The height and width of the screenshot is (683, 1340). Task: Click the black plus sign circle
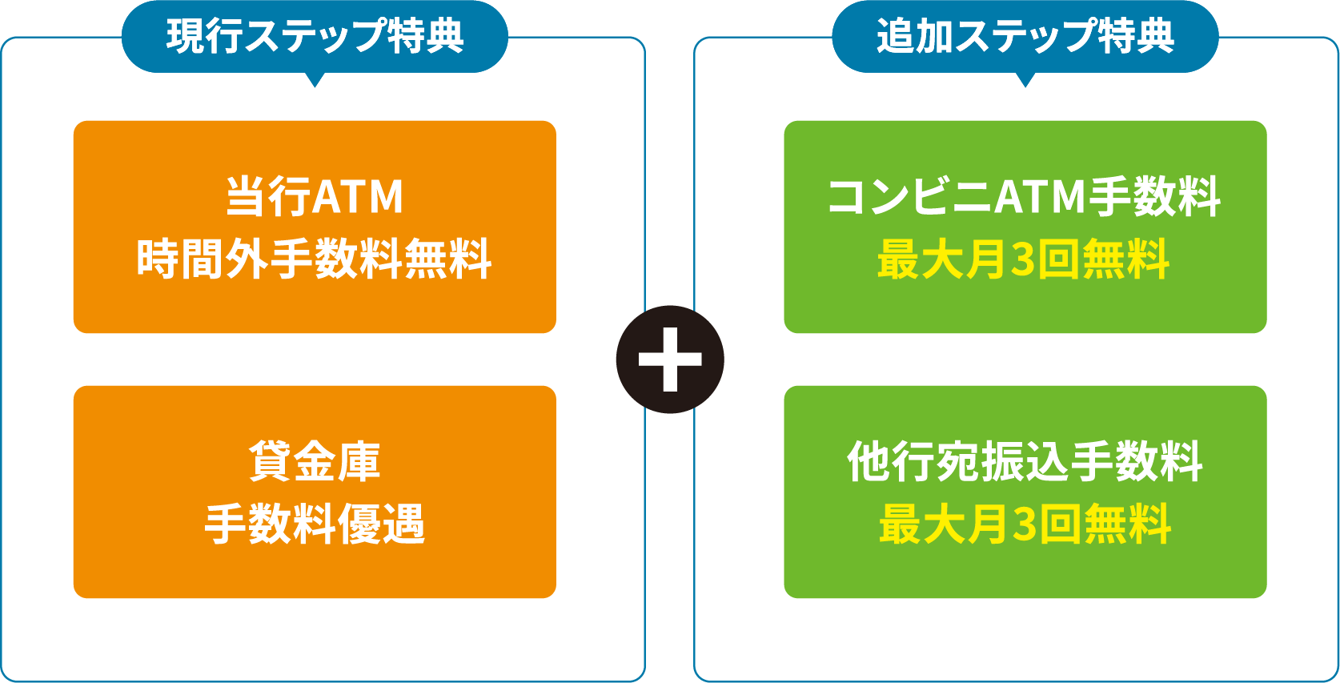click(670, 360)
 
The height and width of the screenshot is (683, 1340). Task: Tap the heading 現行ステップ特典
click(315, 36)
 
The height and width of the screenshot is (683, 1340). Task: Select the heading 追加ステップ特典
click(1025, 36)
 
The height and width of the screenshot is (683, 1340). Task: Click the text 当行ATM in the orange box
click(315, 196)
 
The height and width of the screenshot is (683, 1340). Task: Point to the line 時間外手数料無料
click(315, 259)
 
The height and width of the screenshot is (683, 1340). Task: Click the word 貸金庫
click(315, 461)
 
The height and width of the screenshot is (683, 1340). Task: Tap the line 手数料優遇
click(315, 524)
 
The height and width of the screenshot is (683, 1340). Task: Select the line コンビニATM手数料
click(1025, 196)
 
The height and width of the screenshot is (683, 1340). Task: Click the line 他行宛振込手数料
click(1025, 461)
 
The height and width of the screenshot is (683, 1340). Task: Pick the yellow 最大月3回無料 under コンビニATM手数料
click(1025, 259)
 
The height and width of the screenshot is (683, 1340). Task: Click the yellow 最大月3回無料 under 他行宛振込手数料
click(1025, 524)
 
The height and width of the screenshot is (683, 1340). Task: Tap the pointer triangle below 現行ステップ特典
click(315, 79)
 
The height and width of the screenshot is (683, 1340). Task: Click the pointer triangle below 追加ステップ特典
click(1025, 79)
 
